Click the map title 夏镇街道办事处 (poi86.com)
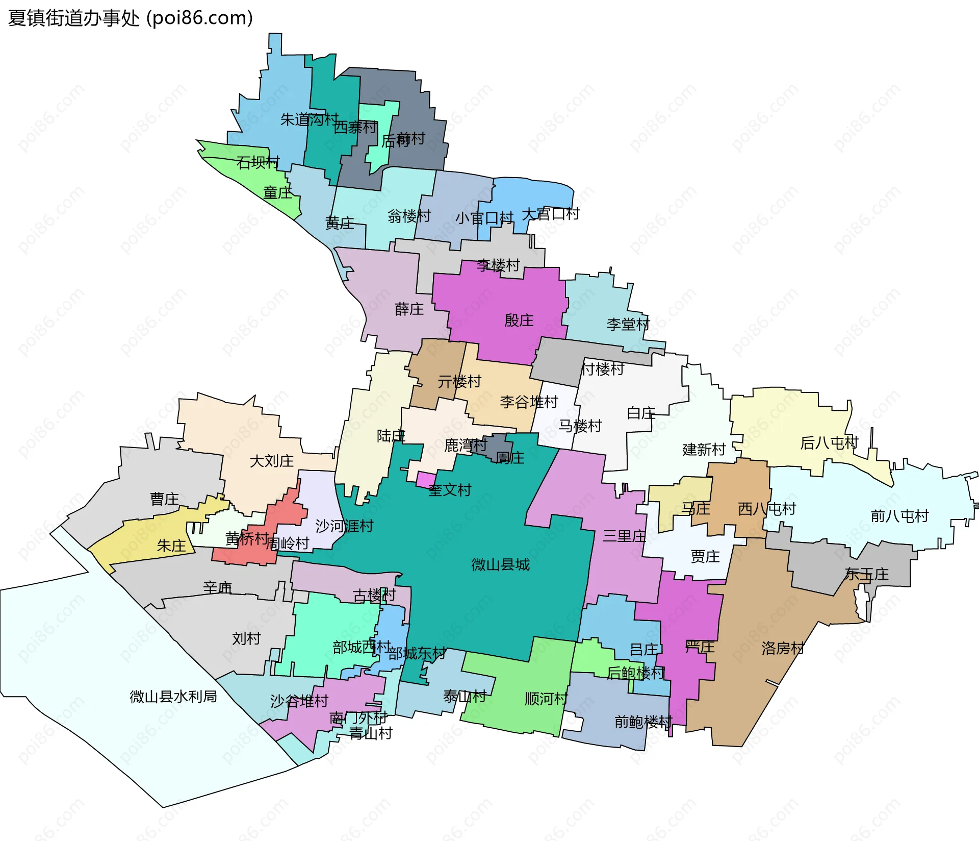(131, 18)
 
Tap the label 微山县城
(500, 564)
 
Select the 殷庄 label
(519, 320)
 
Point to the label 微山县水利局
(173, 696)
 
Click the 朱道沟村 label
(309, 119)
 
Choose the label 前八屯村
(899, 516)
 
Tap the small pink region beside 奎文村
(425, 480)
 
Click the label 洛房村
(783, 648)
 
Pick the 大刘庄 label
(272, 461)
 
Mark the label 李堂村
(628, 324)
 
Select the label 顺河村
(546, 699)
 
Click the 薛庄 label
(409, 309)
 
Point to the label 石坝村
(258, 162)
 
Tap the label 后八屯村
(829, 442)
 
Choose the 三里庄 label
(624, 536)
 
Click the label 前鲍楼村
(643, 722)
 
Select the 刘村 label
(246, 638)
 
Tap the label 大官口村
(551, 214)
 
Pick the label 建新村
(704, 450)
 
